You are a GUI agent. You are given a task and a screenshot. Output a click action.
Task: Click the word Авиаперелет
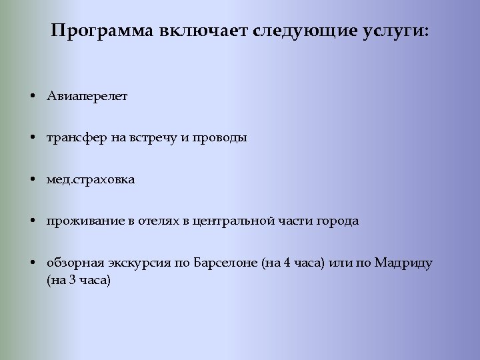pos(87,96)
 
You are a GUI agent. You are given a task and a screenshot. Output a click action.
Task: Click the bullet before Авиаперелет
pos(33,96)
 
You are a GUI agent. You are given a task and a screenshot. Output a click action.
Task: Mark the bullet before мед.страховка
pos(33,179)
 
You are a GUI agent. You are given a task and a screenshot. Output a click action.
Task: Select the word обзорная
pos(73,263)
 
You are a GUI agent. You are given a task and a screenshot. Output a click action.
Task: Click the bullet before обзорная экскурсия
pos(33,263)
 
